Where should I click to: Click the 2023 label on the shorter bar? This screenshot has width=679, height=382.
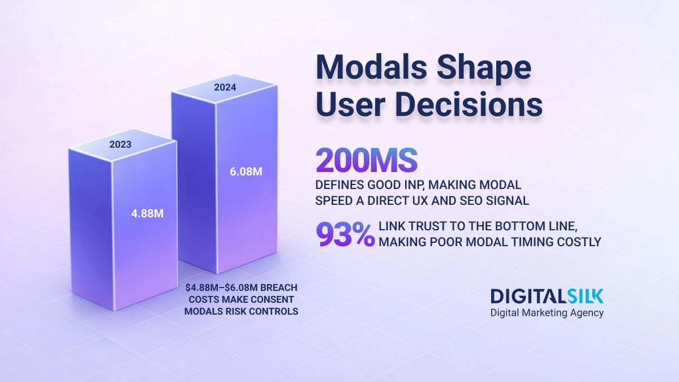(x=120, y=144)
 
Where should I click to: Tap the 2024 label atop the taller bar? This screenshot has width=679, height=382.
(x=225, y=88)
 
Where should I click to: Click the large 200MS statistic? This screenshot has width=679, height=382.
(x=366, y=161)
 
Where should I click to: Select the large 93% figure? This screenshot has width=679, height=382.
(x=345, y=235)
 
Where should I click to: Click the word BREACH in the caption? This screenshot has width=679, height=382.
(x=277, y=287)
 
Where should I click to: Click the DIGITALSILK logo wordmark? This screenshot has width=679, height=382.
(x=547, y=296)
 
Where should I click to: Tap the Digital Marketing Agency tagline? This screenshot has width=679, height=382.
(x=547, y=313)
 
